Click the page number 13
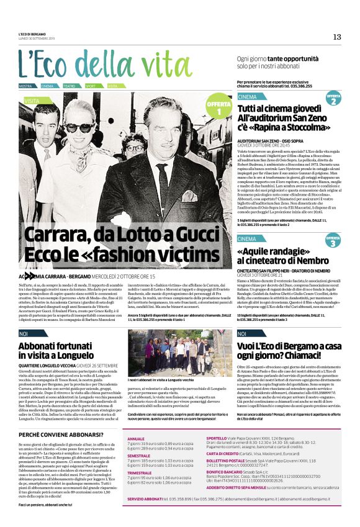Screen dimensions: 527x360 click(x=337, y=37)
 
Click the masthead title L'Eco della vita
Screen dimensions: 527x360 click(x=104, y=63)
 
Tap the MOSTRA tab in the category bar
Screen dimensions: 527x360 click(x=25, y=86)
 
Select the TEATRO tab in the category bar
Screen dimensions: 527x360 click(x=69, y=86)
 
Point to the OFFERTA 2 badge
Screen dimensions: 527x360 click(x=333, y=98)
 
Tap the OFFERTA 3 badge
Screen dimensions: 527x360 click(x=333, y=241)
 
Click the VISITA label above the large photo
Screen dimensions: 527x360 click(x=32, y=100)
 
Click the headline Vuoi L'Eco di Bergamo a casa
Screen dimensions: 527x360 click(x=290, y=346)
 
